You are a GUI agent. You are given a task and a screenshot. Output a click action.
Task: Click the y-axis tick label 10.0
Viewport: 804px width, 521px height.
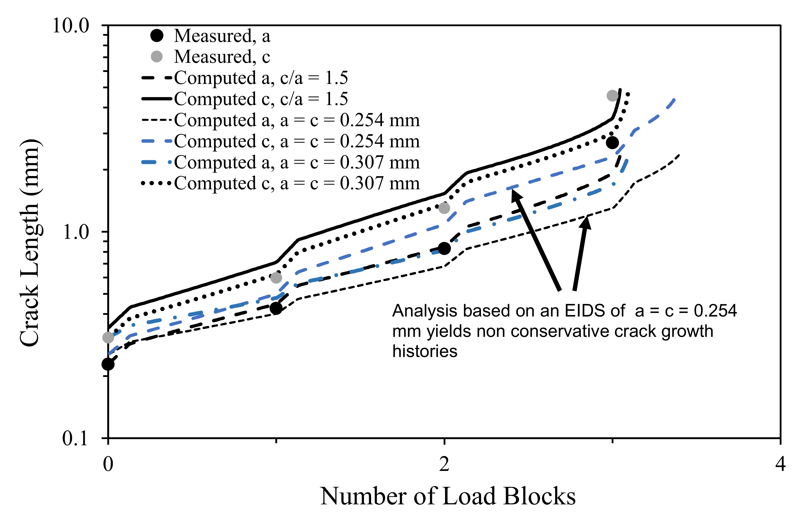tap(71, 26)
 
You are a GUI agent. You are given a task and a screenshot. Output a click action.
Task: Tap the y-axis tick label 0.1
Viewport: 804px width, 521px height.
tap(75, 439)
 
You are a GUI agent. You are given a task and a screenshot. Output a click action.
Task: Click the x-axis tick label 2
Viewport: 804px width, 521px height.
tap(444, 464)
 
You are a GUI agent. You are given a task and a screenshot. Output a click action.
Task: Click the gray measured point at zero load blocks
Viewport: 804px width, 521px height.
tap(108, 337)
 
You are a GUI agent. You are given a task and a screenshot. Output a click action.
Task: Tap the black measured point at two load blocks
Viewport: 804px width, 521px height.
tap(444, 248)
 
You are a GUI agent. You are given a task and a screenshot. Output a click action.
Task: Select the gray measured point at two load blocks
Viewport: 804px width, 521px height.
tap(444, 208)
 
